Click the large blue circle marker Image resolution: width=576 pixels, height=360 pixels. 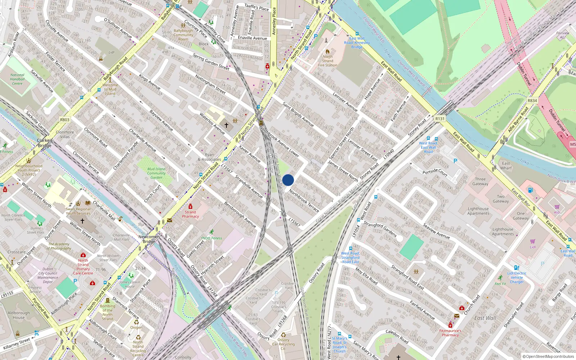[288, 180]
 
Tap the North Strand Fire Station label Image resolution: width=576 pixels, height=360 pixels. [328, 61]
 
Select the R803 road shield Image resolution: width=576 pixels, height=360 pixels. [65, 120]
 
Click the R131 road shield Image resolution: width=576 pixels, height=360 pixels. [440, 118]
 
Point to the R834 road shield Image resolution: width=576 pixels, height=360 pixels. [532, 101]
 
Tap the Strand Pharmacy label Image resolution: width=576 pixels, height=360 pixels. [190, 214]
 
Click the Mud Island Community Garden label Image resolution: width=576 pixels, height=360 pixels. [156, 173]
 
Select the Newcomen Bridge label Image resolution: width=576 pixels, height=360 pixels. [149, 239]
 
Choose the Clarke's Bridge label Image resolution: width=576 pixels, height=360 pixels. [45, 143]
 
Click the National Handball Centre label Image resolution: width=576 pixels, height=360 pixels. [17, 79]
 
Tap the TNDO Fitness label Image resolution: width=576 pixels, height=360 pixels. [211, 238]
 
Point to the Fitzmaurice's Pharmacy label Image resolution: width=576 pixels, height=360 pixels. [450, 333]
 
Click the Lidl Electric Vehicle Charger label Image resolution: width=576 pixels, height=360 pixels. [517, 277]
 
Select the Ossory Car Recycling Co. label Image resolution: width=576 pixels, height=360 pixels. [283, 344]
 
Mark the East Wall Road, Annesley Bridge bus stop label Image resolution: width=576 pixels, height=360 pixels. [357, 42]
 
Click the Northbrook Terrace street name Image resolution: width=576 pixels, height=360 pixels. [304, 201]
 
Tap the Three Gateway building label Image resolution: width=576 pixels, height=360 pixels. [480, 181]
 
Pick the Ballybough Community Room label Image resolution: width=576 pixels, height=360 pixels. [183, 35]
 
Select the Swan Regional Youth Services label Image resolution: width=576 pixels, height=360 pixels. [78, 211]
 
